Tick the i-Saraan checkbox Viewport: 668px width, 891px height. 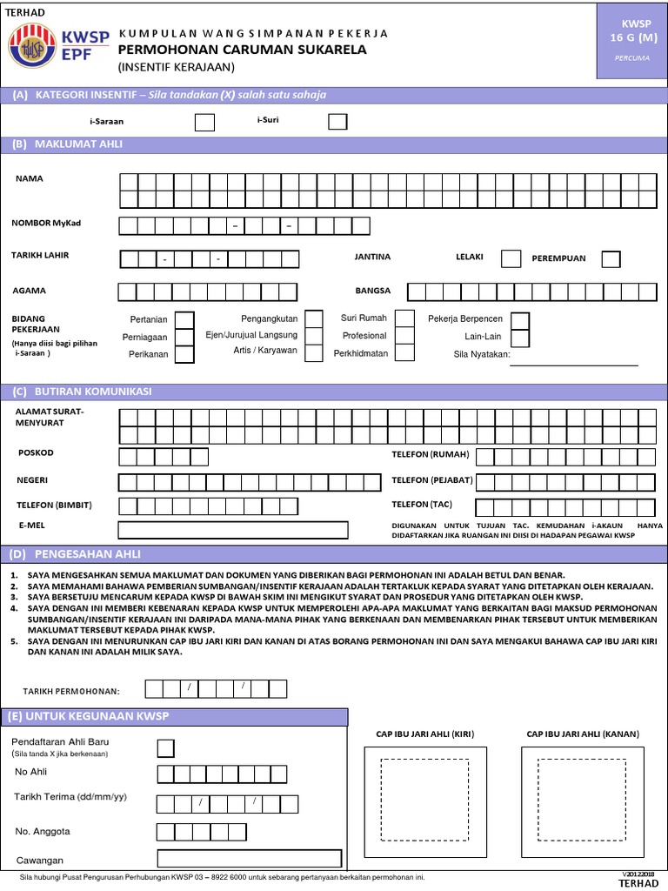point(204,123)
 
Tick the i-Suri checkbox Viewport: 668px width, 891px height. point(337,122)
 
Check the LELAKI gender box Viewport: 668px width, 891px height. point(512,258)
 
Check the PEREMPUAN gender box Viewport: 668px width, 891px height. point(611,258)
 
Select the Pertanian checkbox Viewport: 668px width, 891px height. point(184,320)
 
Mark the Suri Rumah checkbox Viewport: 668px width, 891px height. point(404,318)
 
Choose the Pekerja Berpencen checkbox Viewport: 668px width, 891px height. point(519,319)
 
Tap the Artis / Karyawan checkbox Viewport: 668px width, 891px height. point(314,352)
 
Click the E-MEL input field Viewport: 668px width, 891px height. point(233,530)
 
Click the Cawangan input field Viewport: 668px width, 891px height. point(249,858)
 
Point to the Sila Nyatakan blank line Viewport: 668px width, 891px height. point(573,364)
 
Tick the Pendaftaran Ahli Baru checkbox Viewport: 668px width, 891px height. point(165,747)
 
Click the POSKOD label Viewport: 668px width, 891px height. point(36,453)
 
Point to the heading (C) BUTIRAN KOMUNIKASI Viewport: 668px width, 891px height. point(82,392)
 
